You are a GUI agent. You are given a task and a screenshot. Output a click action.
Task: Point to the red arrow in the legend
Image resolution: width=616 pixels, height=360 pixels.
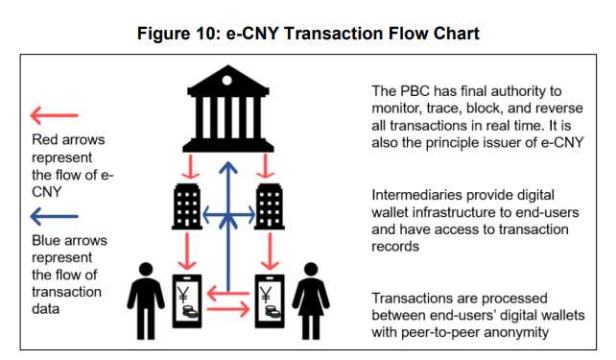pyautogui.click(x=54, y=117)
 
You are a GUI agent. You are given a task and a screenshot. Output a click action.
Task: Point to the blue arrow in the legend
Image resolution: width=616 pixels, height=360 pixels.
pyautogui.click(x=54, y=215)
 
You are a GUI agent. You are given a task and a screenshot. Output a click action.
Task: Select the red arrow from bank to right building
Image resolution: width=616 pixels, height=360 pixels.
pyautogui.click(x=266, y=167)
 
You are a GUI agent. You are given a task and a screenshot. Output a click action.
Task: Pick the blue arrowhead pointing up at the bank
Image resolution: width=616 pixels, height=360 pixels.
pyautogui.click(x=226, y=169)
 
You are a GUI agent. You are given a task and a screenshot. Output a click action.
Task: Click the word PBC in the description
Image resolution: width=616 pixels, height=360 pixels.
pyautogui.click(x=415, y=91)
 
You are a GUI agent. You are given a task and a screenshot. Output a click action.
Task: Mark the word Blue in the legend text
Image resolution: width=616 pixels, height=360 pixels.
pyautogui.click(x=47, y=241)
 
